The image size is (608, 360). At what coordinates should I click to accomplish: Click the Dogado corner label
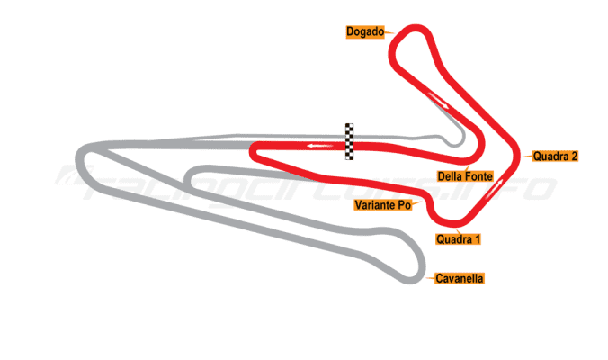pyautogui.click(x=365, y=32)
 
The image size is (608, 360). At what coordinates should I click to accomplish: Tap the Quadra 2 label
pyautogui.click(x=554, y=156)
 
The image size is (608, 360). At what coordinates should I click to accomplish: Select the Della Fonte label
pyautogui.click(x=464, y=176)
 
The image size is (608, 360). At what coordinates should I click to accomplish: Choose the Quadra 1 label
pyautogui.click(x=458, y=239)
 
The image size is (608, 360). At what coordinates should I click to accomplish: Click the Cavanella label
pyautogui.click(x=459, y=279)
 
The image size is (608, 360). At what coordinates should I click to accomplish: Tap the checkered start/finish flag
pyautogui.click(x=349, y=141)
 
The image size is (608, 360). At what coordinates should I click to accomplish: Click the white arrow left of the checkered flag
pyautogui.click(x=314, y=145)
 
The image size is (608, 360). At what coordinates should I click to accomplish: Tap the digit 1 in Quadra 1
pyautogui.click(x=478, y=239)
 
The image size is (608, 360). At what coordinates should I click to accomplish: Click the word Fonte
pyautogui.click(x=476, y=176)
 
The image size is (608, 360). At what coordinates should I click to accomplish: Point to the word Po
pyautogui.click(x=404, y=205)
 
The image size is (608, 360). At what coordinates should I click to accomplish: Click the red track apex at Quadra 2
pyautogui.click(x=517, y=155)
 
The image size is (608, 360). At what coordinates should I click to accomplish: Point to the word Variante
pyautogui.click(x=375, y=205)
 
